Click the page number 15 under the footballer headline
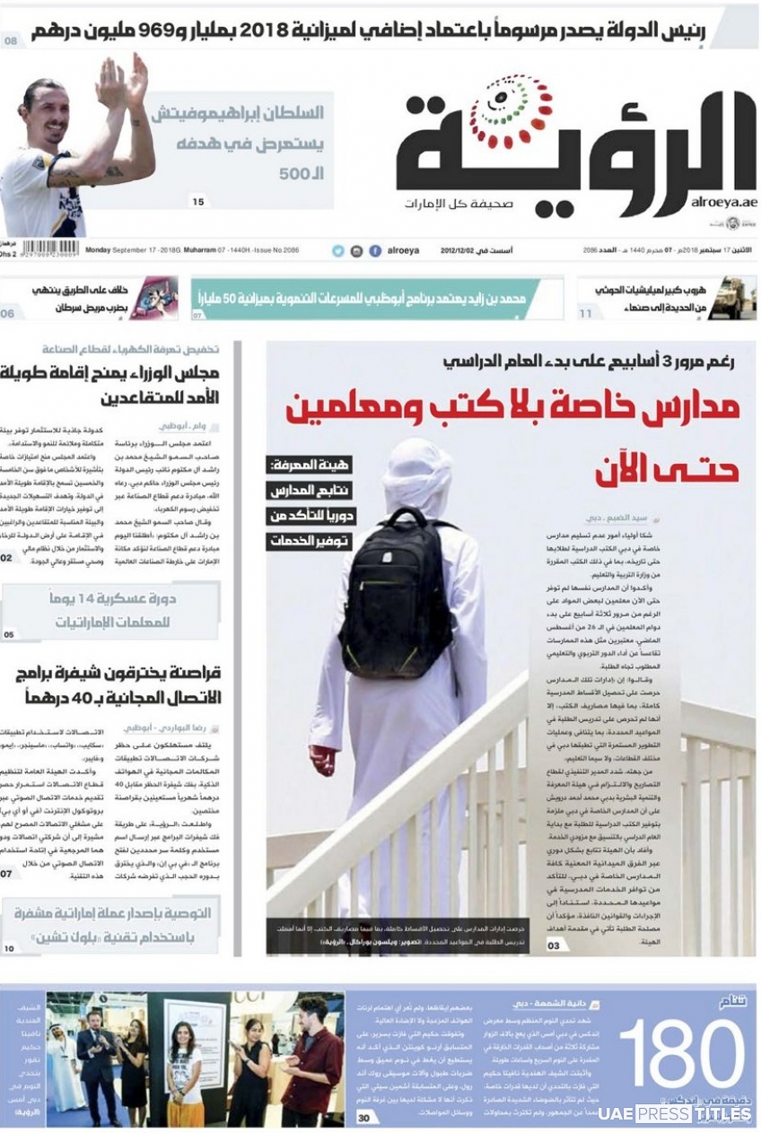[198, 202]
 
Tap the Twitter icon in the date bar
[338, 251]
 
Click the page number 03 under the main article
[555, 946]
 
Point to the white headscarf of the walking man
[416, 475]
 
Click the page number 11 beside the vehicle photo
[585, 314]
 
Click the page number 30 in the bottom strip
[363, 1118]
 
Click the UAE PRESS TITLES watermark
[675, 1113]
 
